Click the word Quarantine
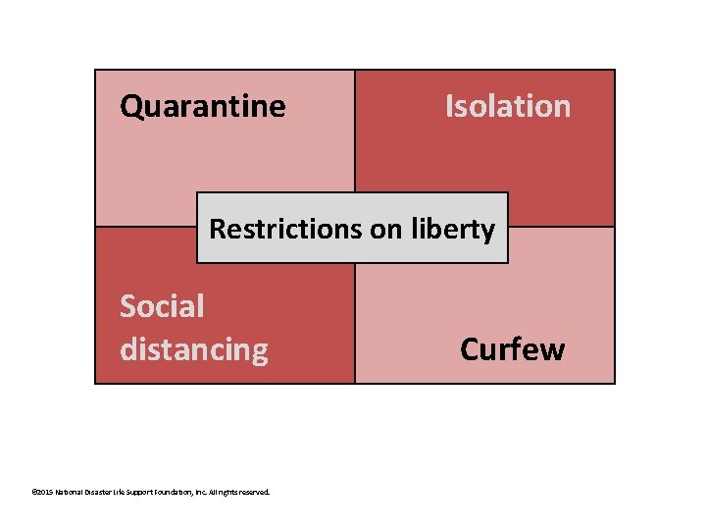203,106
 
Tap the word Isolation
508,106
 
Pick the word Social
162,306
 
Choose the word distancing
194,349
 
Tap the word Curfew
512,349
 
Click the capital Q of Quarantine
130,106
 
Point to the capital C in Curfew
470,349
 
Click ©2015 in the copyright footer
42,492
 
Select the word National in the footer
71,492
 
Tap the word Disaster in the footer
104,492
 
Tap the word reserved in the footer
259,492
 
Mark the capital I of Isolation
449,106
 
